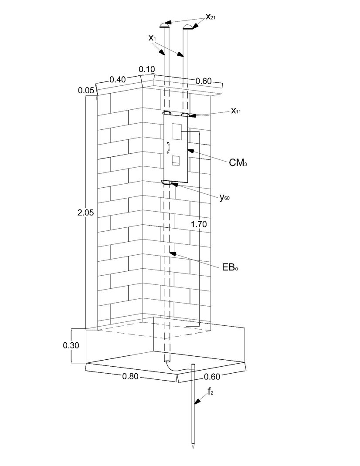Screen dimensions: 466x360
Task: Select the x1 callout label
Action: (x=152, y=38)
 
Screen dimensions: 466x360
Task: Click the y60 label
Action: (x=225, y=198)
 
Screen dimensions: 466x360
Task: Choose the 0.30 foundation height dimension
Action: (x=71, y=345)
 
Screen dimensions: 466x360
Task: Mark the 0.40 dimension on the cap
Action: (x=118, y=79)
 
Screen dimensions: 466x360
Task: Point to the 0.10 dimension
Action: (x=147, y=69)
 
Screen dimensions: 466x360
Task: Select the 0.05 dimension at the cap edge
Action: (x=86, y=91)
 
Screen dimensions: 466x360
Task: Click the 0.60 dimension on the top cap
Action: (x=204, y=81)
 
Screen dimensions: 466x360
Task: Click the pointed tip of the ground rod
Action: (x=193, y=447)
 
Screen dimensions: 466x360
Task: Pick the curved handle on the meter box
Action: (x=167, y=148)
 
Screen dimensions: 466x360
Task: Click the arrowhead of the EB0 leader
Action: (x=172, y=253)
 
